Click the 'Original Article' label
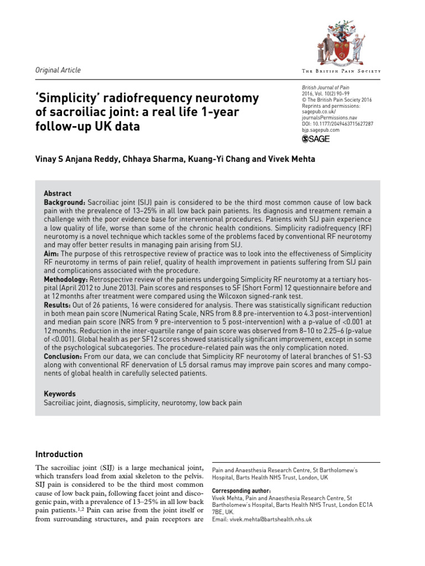[58, 70]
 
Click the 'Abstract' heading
[58, 193]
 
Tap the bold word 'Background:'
[64, 203]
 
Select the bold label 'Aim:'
[52, 253]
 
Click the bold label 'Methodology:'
[68, 280]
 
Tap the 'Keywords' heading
[60, 394]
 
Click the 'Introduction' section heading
[59, 454]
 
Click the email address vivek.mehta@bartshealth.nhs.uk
[262, 520]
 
